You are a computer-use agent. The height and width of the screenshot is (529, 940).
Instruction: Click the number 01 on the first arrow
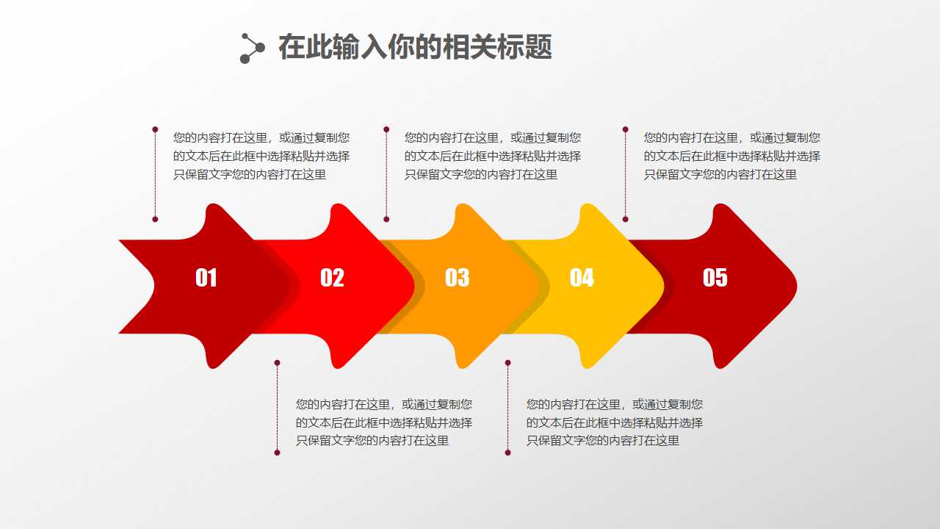206,278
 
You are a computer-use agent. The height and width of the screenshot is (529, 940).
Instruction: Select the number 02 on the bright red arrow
332,278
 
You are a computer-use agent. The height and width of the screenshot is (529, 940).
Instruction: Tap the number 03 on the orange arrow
457,278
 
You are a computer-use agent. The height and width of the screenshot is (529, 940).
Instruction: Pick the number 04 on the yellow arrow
582,278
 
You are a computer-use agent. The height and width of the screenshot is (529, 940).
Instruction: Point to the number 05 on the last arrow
715,277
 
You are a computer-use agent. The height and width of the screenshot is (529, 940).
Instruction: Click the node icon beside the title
252,48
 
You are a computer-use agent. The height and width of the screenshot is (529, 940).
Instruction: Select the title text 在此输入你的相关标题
415,48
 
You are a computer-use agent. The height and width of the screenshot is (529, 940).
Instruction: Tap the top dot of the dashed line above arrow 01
155,129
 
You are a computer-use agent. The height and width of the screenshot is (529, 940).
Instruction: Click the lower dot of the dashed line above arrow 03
386,219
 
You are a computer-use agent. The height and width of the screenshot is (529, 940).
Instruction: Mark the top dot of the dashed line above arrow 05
626,129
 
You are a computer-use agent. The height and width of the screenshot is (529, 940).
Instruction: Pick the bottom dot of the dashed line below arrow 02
277,453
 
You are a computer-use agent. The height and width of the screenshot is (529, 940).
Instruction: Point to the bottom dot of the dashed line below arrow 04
507,453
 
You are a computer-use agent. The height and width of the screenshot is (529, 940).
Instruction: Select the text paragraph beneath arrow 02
384,422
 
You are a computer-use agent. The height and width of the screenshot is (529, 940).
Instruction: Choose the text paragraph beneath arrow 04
615,422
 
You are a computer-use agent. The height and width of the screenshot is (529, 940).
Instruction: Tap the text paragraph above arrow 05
732,156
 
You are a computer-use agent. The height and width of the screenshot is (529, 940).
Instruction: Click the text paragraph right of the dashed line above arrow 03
493,156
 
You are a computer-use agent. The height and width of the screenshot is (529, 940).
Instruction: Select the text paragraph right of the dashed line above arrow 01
261,156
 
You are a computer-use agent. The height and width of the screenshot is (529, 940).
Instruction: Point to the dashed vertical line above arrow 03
386,174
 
